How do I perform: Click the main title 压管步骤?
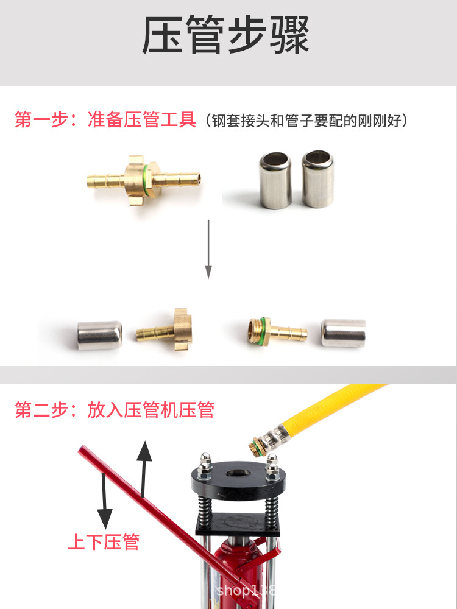pyautogui.click(x=226, y=35)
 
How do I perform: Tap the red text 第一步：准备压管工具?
pyautogui.click(x=105, y=119)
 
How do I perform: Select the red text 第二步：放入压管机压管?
pyautogui.click(x=115, y=410)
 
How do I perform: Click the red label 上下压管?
pyautogui.click(x=104, y=541)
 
